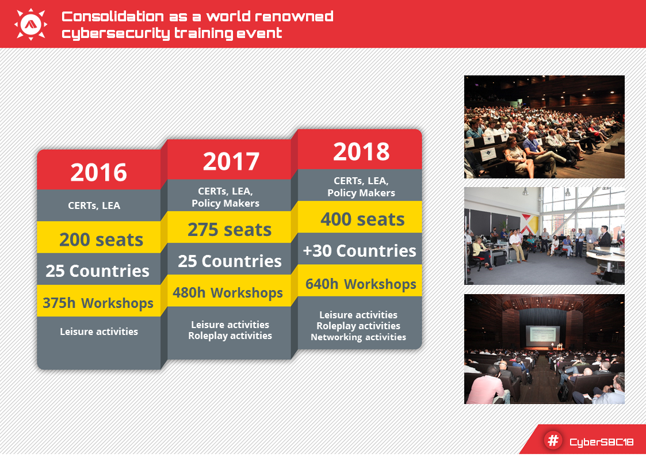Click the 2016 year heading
point(98,172)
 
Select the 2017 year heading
point(231,161)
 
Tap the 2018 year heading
point(361,151)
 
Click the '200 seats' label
point(101,239)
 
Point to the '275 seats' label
point(230,230)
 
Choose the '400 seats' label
point(362,219)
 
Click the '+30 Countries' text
point(360,250)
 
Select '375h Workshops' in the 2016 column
point(98,303)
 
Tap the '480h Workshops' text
point(228,292)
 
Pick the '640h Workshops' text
point(361,284)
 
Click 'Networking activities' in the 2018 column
point(358,337)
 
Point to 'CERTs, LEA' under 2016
point(94,205)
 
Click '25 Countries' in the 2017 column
point(230,261)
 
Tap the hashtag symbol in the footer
point(553,440)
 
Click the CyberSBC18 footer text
point(602,442)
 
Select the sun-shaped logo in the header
point(30,24)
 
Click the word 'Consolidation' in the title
point(113,17)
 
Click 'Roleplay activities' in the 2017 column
point(230,336)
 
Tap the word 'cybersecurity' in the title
point(116,33)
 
